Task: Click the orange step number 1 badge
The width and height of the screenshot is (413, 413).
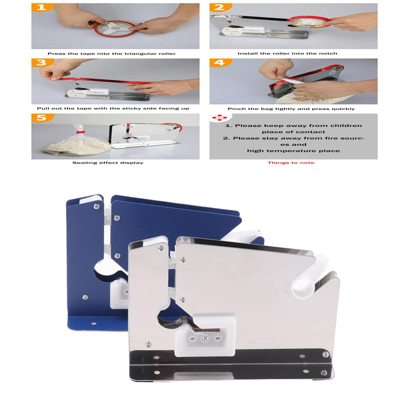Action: tap(42, 7)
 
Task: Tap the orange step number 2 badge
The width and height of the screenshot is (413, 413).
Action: tap(220, 7)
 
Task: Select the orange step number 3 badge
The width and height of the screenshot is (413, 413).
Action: tap(42, 62)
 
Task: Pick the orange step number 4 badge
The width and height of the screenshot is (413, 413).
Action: tap(220, 62)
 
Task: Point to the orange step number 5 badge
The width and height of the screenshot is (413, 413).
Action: tap(42, 118)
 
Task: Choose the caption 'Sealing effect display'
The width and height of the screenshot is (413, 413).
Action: tap(108, 163)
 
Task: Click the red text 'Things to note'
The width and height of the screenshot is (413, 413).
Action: tap(291, 163)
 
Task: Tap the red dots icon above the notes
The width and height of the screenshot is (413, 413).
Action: tap(219, 118)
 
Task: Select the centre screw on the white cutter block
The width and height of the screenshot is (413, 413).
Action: tap(204, 338)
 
